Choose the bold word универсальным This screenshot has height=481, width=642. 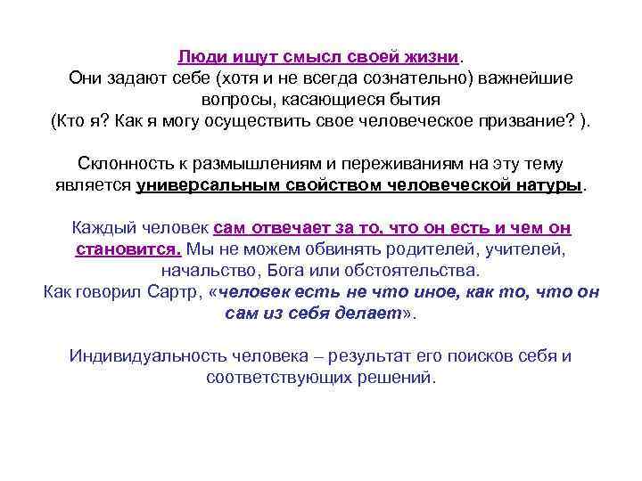[x=220, y=185]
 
